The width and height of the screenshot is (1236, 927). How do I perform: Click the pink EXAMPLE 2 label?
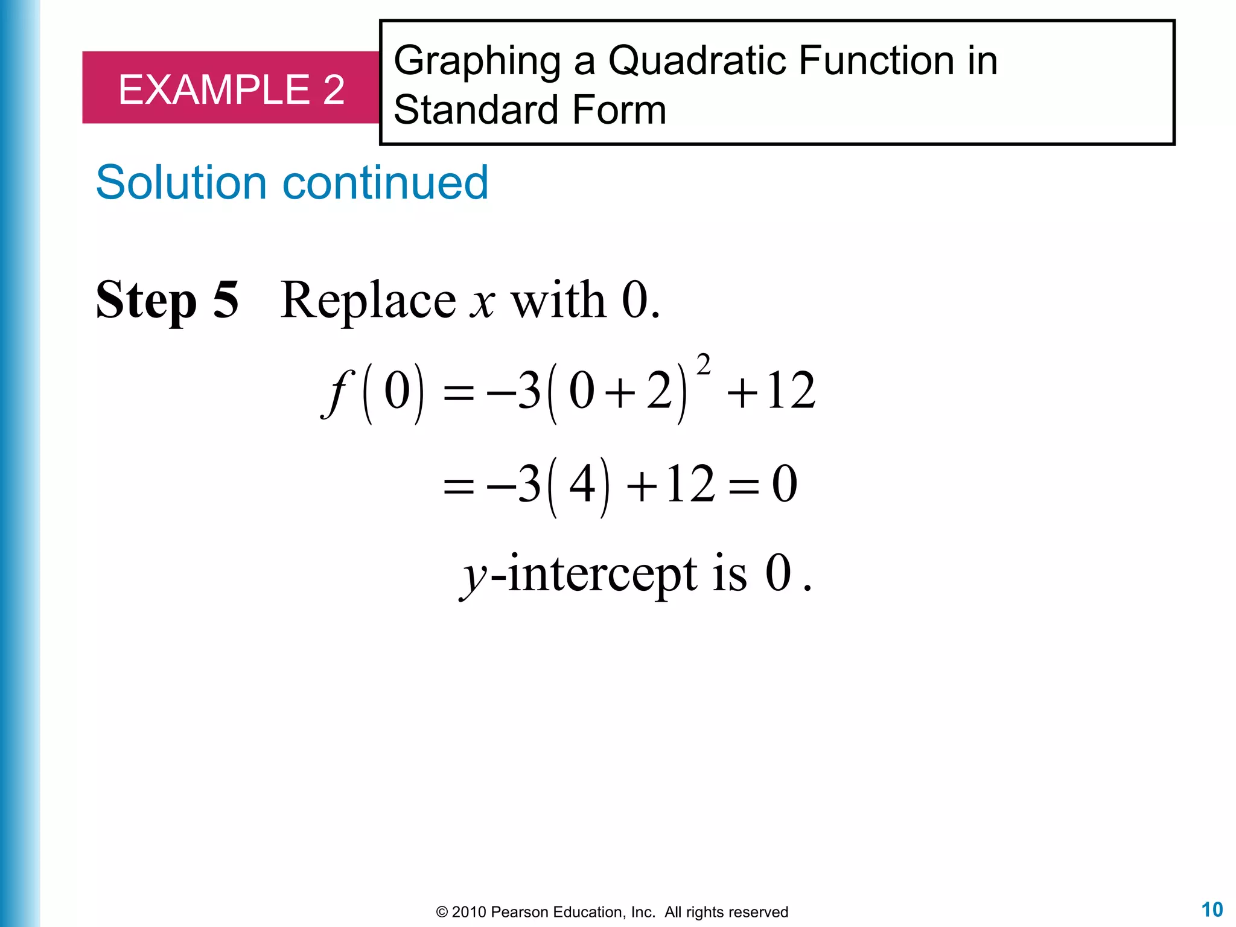coord(231,89)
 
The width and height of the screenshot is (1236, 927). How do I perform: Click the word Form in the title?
coord(619,110)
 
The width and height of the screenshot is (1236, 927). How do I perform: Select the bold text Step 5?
coord(167,300)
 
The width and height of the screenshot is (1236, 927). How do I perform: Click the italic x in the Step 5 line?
coord(483,301)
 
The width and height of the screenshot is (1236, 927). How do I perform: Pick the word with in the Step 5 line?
coord(558,300)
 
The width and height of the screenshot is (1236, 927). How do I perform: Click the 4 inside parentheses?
coord(582,484)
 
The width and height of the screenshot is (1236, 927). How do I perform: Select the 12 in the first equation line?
coord(791,391)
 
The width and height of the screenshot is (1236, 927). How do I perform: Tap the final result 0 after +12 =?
coord(785,484)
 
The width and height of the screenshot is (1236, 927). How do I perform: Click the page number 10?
coord(1212,909)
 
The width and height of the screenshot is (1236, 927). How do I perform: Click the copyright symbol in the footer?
coord(442,912)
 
